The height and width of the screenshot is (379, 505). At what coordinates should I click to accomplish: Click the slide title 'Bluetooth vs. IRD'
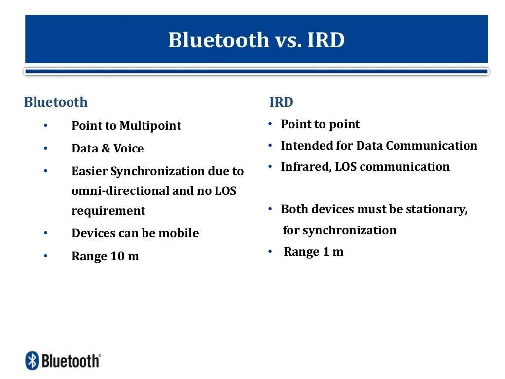[256, 40]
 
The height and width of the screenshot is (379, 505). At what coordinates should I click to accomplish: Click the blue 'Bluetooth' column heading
[56, 102]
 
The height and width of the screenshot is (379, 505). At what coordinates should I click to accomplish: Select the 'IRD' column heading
[281, 102]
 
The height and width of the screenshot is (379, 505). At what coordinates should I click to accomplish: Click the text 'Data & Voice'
[108, 149]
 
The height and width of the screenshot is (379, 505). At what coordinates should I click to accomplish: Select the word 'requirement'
[108, 211]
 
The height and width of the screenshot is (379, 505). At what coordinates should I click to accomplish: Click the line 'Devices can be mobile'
[135, 233]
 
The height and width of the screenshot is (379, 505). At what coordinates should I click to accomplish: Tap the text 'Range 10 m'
[105, 256]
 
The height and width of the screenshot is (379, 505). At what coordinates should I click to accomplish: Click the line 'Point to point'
[320, 124]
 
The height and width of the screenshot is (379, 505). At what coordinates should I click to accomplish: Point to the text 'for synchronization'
[339, 230]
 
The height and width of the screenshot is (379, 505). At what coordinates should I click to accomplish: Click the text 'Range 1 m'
[313, 252]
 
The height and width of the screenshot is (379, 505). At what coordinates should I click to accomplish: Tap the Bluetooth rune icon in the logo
[32, 361]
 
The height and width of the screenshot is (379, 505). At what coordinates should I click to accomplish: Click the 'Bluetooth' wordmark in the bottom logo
[70, 361]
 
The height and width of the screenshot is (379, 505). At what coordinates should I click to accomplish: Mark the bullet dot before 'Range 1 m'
[270, 252]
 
